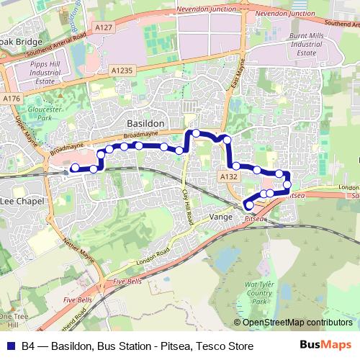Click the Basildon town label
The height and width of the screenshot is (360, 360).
pyautogui.click(x=146, y=124)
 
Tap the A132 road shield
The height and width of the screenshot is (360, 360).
pyautogui.click(x=229, y=176)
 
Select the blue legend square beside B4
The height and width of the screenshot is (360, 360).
pyautogui.click(x=11, y=346)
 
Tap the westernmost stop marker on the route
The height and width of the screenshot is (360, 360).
pyautogui.click(x=74, y=168)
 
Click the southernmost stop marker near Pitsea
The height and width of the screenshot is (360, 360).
pyautogui.click(x=250, y=206)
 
